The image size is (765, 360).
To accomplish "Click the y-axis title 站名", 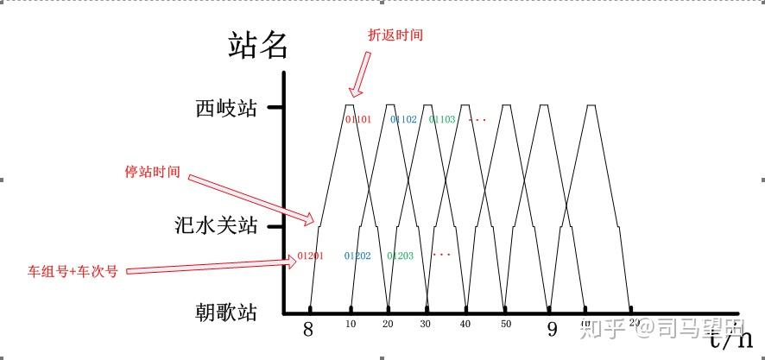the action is coord(257,45).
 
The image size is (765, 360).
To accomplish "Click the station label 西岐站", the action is coord(226,109).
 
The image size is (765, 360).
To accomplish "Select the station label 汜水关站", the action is coord(216,227).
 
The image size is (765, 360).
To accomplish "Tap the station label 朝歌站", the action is coord(226,312).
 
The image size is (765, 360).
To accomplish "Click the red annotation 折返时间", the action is coord(395,35).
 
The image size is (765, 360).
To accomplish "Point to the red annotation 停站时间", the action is coord(153,172).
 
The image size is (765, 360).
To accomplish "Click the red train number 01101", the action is coord(357,119).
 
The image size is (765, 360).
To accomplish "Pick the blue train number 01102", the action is coord(403,119).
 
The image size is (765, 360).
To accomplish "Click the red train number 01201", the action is coord(310,256).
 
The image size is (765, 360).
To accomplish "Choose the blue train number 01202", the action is coord(357,256).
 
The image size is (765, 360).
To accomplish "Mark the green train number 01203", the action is coord(400,256).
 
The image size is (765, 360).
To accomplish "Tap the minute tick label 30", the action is coord(425,324).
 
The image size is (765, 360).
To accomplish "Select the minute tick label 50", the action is coord(506,324).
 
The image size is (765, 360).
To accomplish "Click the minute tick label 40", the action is coord(466,324).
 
